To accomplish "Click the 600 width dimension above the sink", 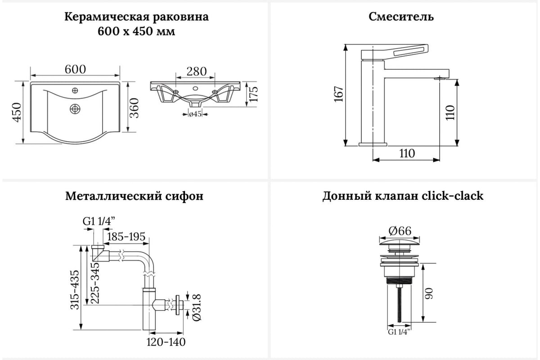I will click(x=75, y=70).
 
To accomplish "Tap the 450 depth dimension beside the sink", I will click(x=17, y=112).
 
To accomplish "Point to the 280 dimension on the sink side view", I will click(x=197, y=72).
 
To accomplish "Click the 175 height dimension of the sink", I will click(x=254, y=94).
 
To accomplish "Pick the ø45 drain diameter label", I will click(x=194, y=114).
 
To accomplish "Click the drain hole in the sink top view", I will click(x=75, y=108).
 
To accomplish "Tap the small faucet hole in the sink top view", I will click(x=75, y=91).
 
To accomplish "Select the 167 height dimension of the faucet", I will click(x=339, y=94).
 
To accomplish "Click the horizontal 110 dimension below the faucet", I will click(x=406, y=153).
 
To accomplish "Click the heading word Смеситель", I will click(x=401, y=17).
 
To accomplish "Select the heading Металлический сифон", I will click(x=134, y=196).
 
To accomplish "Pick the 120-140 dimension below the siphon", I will click(x=166, y=342).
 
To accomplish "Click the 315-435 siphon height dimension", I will click(x=75, y=289).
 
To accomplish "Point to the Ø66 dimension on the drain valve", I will click(x=400, y=231).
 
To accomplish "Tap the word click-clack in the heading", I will click(x=452, y=196).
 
